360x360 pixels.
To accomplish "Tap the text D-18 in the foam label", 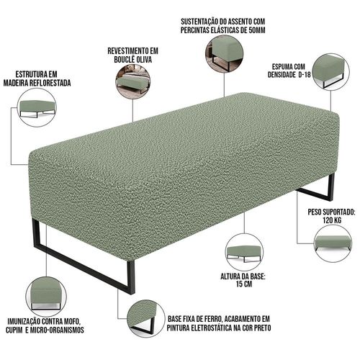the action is [x=304, y=75].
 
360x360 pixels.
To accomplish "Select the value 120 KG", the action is [x=332, y=220].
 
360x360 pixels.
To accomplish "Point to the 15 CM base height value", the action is [x=244, y=284].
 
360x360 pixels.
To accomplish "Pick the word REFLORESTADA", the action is [x=50, y=83].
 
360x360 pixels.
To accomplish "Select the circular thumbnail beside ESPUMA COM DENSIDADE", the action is [x=331, y=72].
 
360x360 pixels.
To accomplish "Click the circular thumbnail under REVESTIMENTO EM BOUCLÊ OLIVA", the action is [x=133, y=81].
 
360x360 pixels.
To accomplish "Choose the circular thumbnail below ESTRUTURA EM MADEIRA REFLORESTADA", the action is [x=37, y=107].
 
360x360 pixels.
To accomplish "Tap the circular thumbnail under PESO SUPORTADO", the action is [x=333, y=243].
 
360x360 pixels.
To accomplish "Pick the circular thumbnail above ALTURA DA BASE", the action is [x=244, y=253].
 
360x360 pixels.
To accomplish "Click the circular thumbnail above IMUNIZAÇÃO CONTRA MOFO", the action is [x=46, y=297].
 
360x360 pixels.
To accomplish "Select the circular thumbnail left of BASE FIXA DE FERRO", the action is [x=145, y=318].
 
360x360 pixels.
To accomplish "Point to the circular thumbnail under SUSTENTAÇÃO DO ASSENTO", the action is [x=224, y=53].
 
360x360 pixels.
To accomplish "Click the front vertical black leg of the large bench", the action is [x=131, y=277].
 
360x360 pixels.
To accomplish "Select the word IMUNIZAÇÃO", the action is [x=24, y=321].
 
